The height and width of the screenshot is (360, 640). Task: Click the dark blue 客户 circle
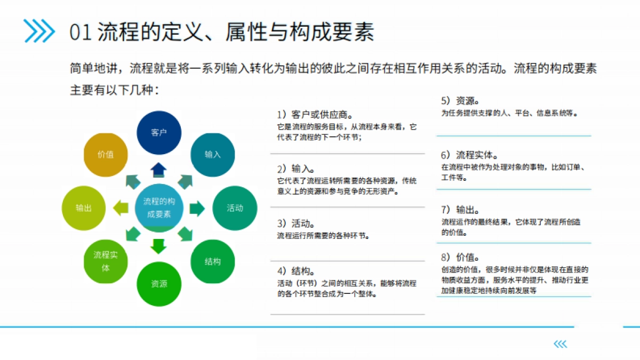coord(159,133)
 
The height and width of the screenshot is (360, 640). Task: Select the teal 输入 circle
coord(212,155)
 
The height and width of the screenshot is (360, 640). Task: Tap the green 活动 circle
coord(235,208)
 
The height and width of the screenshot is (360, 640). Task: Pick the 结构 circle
coord(212,261)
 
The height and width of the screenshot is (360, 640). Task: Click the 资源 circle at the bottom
coord(159,284)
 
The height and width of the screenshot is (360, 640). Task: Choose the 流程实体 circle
coord(106,261)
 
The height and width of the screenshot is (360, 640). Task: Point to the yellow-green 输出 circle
coord(84,208)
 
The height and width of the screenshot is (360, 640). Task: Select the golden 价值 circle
coord(106,155)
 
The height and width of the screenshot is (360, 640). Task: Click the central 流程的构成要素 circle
coord(159,208)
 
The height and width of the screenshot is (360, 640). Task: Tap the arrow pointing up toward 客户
coord(159,170)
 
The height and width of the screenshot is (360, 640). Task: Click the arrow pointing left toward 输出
coord(121,208)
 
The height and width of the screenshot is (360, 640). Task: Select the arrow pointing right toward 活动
coord(197,208)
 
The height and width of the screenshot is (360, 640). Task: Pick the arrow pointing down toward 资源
coord(159,246)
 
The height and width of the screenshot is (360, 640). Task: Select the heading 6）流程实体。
coord(470,155)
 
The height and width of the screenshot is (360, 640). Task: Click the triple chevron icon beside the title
coord(39,31)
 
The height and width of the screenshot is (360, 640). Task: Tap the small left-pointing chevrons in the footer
coord(560,345)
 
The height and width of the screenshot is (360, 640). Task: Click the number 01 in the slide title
coord(81,33)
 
